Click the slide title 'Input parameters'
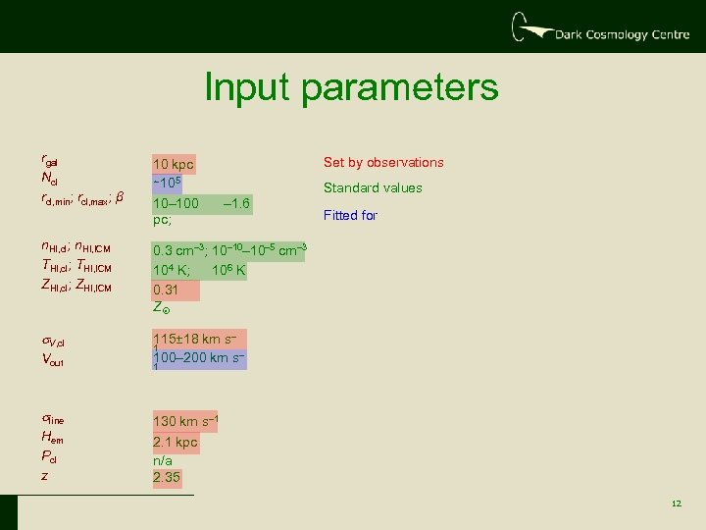pyautogui.click(x=351, y=88)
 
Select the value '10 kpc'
pyautogui.click(x=174, y=164)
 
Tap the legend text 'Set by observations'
pyautogui.click(x=383, y=163)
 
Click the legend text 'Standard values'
pyautogui.click(x=373, y=188)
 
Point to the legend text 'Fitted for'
pyautogui.click(x=350, y=215)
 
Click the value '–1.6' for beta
pyautogui.click(x=237, y=204)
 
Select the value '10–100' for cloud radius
pyautogui.click(x=176, y=204)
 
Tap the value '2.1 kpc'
pyautogui.click(x=175, y=442)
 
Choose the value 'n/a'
pyautogui.click(x=163, y=459)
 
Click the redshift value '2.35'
pyautogui.click(x=167, y=478)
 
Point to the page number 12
pyautogui.click(x=676, y=503)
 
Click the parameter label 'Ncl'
pyautogui.click(x=50, y=179)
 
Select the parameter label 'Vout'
pyautogui.click(x=53, y=360)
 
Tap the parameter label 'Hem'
pyautogui.click(x=52, y=439)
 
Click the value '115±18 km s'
pyautogui.click(x=195, y=339)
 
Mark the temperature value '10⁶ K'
pyautogui.click(x=224, y=270)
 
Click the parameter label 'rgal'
pyautogui.click(x=51, y=160)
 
